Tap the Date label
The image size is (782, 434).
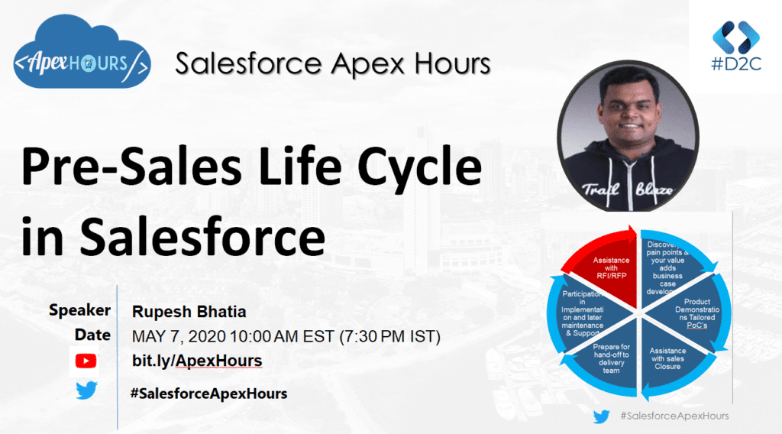[x=92, y=335]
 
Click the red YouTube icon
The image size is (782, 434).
[x=86, y=360]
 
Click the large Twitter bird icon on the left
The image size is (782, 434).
[x=86, y=391]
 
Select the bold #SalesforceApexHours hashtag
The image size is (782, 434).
[x=209, y=394]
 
